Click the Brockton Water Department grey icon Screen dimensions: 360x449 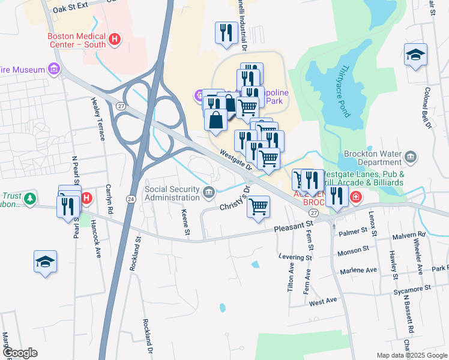tap(411, 158)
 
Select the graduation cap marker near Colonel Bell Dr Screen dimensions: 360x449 tap(415, 55)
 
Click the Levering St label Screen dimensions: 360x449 tap(295, 257)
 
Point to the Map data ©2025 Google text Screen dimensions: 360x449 tap(411, 355)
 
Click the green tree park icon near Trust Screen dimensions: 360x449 tap(30, 198)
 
